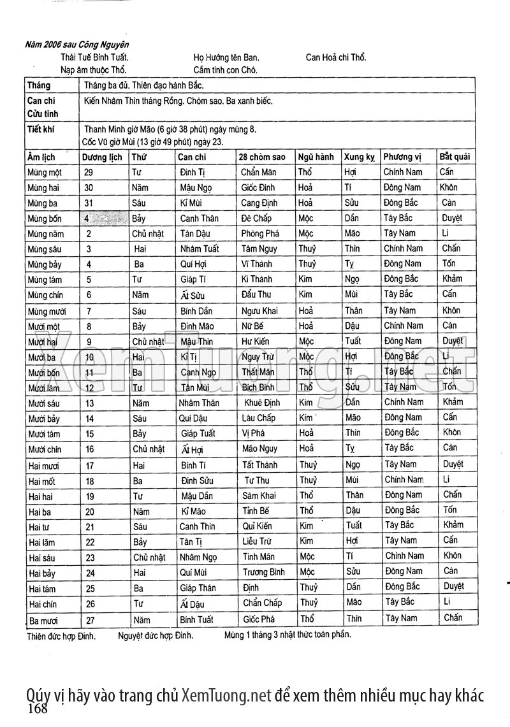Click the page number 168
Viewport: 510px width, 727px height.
tap(38, 709)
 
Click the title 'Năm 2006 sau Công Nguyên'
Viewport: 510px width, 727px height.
tap(76, 45)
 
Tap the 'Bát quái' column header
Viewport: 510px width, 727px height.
tap(455, 156)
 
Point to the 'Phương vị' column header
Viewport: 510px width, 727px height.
tap(403, 157)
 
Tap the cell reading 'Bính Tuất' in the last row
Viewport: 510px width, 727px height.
tap(196, 619)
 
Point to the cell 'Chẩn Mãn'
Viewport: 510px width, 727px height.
tap(259, 172)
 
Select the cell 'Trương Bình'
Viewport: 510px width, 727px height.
tap(263, 572)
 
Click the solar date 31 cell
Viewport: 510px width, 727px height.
tap(89, 203)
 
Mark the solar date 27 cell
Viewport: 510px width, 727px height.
tap(90, 619)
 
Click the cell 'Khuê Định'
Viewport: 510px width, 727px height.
tap(262, 403)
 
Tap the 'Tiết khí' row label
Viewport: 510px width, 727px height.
tap(41, 129)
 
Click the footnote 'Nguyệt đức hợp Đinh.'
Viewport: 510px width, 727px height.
tap(156, 635)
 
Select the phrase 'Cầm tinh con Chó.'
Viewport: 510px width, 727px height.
tap(225, 70)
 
